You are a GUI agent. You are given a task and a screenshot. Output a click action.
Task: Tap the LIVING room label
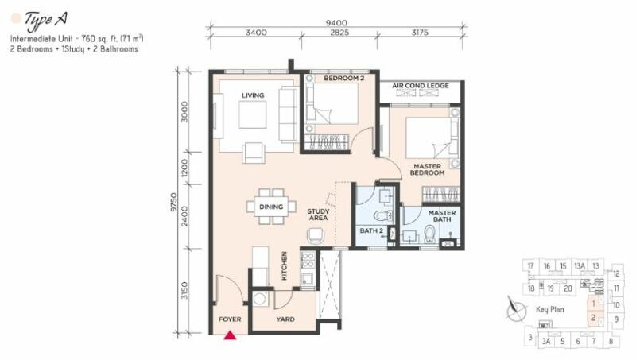click(x=253, y=95)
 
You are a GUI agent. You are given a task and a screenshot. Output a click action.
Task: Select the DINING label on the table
click(x=270, y=207)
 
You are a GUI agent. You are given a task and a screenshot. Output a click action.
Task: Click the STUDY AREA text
click(x=319, y=214)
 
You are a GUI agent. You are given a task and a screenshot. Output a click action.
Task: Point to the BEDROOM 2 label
click(x=344, y=79)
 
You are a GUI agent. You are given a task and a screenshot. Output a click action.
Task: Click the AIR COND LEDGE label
click(x=421, y=85)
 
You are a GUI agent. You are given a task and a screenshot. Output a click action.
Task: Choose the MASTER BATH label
click(x=442, y=216)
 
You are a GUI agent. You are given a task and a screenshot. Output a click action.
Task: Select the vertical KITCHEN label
click(x=284, y=266)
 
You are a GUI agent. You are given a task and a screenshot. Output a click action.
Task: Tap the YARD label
click(x=285, y=319)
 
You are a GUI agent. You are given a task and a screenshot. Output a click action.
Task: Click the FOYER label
click(x=229, y=319)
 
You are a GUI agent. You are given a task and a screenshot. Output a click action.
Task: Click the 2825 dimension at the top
click(x=340, y=33)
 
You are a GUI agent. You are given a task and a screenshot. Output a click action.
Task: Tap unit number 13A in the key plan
click(x=580, y=265)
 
